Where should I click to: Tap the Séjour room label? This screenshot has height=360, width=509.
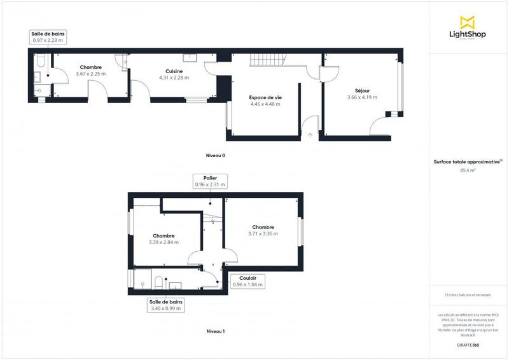(362, 90)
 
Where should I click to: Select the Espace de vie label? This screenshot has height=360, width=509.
(265, 97)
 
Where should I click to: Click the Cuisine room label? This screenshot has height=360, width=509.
(174, 71)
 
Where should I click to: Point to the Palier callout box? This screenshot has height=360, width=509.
(210, 181)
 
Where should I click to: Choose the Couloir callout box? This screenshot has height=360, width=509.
(248, 281)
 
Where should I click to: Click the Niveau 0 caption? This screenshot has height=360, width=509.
(215, 155)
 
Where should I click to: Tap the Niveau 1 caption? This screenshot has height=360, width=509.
(215, 331)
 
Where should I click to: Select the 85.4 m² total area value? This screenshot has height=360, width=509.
(468, 170)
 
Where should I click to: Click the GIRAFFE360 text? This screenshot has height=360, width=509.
(468, 343)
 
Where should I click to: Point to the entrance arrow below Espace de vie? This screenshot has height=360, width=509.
(310, 135)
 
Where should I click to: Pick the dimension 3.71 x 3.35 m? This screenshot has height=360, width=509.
(263, 234)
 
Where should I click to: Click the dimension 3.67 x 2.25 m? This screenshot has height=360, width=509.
(90, 74)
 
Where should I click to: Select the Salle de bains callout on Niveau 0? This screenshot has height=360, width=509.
(48, 37)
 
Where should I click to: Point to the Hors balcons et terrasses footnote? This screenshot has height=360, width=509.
(468, 295)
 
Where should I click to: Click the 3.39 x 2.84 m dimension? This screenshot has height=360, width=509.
(164, 242)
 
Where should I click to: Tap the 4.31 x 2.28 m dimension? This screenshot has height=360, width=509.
(174, 78)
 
